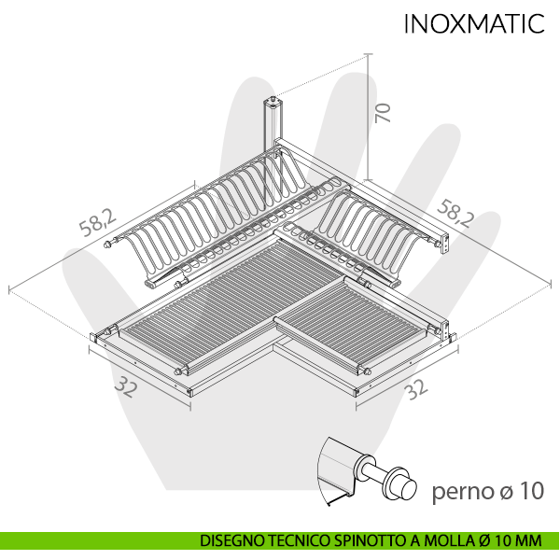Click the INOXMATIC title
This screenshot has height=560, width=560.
pyautogui.click(x=474, y=24)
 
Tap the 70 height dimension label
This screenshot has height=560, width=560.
pyautogui.click(x=383, y=113)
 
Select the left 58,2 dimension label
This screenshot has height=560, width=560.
pyautogui.click(x=97, y=223)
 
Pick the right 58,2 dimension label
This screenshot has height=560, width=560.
pyautogui.click(x=455, y=214)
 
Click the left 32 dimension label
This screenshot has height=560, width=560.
pyautogui.click(x=126, y=388)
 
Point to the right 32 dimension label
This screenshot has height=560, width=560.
pyautogui.click(x=416, y=389)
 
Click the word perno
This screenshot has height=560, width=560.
pyautogui.click(x=462, y=492)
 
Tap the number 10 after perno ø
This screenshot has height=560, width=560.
pyautogui.click(x=532, y=491)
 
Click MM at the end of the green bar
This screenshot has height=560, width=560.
pyautogui.click(x=530, y=540)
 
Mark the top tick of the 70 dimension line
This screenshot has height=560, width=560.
pyautogui.click(x=369, y=54)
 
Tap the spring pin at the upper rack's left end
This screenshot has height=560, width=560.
pyautogui.click(x=109, y=244)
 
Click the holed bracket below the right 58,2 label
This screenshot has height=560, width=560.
pyautogui.click(x=445, y=245)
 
